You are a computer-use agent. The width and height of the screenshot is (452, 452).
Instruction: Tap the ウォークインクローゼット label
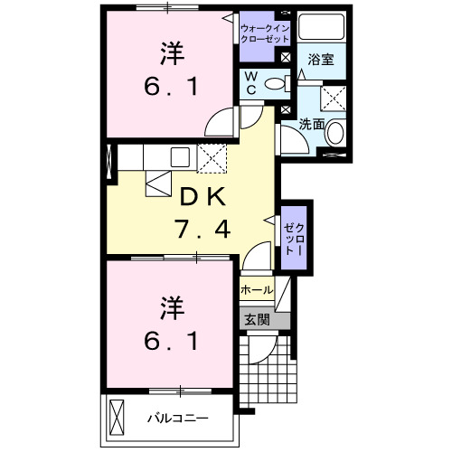click(x=265, y=34)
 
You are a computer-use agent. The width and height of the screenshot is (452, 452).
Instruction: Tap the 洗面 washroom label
click(x=313, y=121)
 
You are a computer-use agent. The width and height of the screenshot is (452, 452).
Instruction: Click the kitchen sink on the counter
click(x=177, y=155)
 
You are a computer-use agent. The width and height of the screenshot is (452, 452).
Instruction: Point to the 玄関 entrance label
click(x=256, y=318)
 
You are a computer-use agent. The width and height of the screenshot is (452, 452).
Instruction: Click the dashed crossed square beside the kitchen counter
click(x=212, y=158)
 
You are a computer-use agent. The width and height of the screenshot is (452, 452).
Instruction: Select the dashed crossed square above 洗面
click(x=335, y=98)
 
